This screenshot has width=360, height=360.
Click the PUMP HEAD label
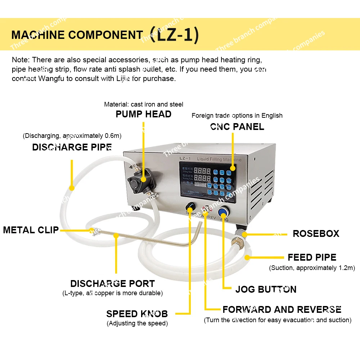[x=143, y=114]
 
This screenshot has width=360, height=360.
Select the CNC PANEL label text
[x=237, y=127]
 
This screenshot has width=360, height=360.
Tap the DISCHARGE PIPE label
[x=72, y=147]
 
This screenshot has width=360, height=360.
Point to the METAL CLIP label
[x=31, y=230]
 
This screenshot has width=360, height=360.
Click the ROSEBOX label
[x=316, y=234]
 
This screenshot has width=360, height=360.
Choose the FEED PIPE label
[x=312, y=257]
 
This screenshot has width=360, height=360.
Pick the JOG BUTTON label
[x=266, y=289]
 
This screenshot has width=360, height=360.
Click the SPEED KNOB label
[x=137, y=314]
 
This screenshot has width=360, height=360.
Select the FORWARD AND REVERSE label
[x=282, y=310]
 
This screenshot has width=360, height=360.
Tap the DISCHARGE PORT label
[x=112, y=284]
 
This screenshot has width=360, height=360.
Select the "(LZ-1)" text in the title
[x=174, y=35]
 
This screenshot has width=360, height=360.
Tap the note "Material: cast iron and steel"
[x=144, y=104]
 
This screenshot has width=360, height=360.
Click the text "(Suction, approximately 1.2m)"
[x=312, y=268]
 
